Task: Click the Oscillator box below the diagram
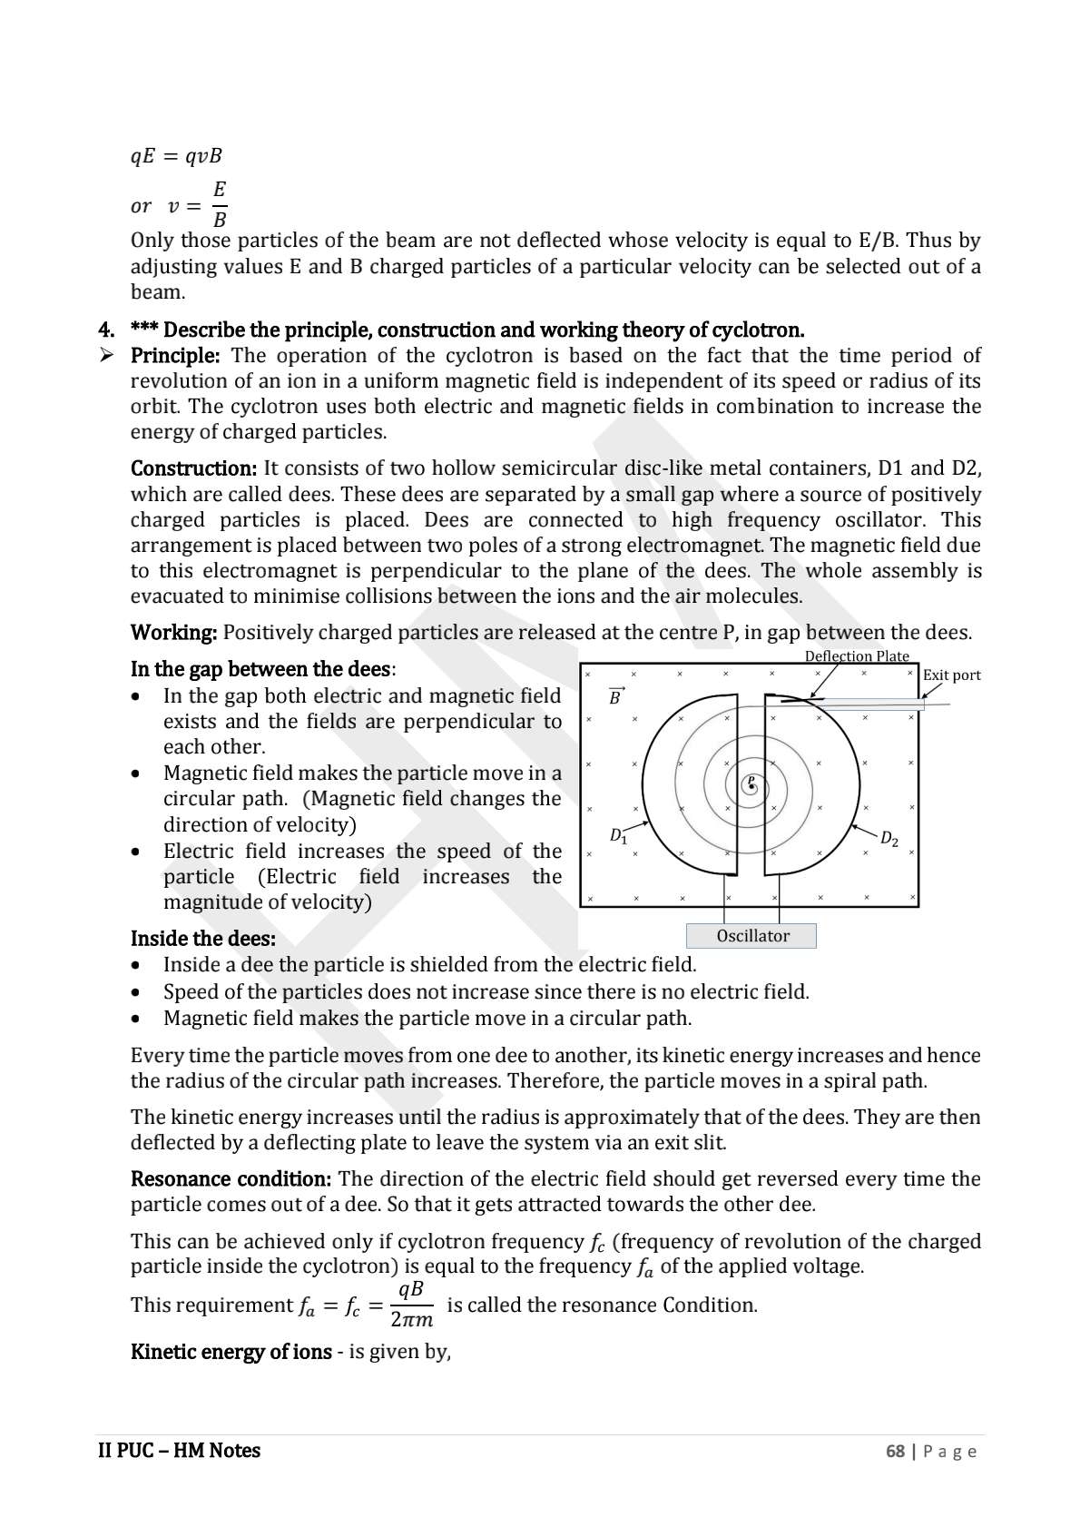[751, 936]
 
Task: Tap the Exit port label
[951, 675]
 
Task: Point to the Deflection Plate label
[856, 655]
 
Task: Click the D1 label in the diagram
[618, 835]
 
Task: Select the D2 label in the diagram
[889, 839]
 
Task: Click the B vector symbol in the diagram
[615, 697]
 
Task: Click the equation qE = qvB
[176, 156]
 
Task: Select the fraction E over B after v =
[220, 204]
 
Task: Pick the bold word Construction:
[194, 468]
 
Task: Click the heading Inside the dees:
[202, 938]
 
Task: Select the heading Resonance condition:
[231, 1178]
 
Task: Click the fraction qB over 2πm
[411, 1305]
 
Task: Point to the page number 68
[895, 1451]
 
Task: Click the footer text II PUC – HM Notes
[179, 1451]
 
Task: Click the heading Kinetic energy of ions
[231, 1352]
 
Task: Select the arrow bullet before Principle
[106, 355]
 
